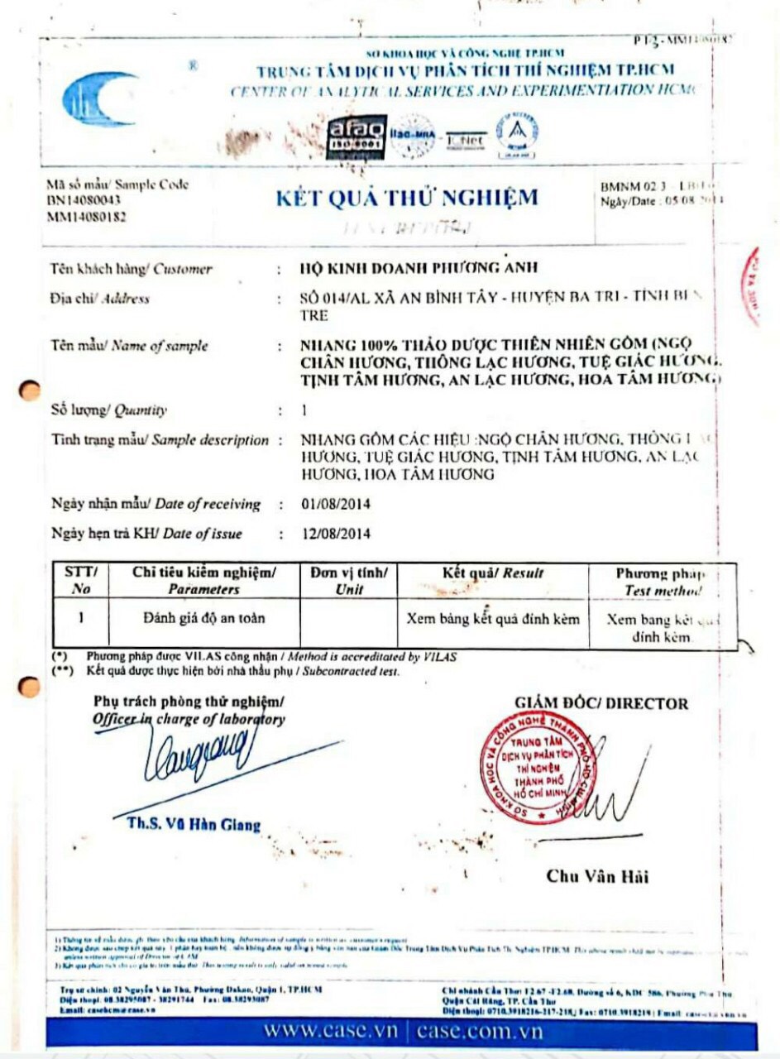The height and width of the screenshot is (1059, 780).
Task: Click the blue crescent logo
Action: (98, 98)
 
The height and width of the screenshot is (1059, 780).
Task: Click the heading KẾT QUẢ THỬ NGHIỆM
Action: (406, 197)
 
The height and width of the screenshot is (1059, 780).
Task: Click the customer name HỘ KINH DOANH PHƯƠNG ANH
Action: (419, 268)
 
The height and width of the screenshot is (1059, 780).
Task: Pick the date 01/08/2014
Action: (337, 504)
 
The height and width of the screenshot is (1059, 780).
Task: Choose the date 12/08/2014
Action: (337, 534)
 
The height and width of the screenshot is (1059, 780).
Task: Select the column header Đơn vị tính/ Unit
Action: (348, 581)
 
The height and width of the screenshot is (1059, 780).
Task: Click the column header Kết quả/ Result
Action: (493, 573)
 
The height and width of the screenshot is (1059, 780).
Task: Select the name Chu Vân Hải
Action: (597, 877)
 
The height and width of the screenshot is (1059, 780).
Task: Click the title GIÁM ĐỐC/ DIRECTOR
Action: (601, 703)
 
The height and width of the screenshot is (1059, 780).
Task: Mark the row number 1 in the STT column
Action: (81, 617)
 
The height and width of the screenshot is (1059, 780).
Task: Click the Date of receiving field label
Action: (156, 504)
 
